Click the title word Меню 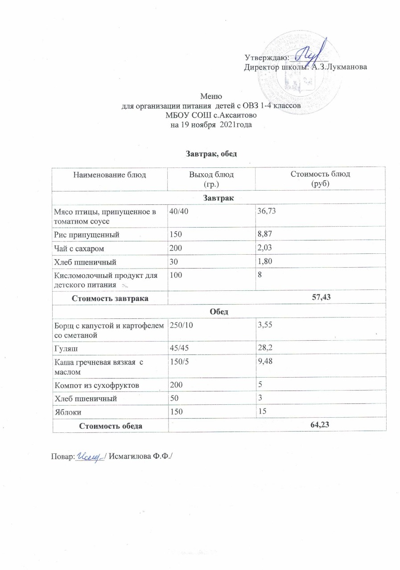click(x=209, y=96)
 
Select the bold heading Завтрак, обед click(x=209, y=154)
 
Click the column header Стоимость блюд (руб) click(x=320, y=178)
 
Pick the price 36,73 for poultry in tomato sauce click(x=267, y=211)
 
